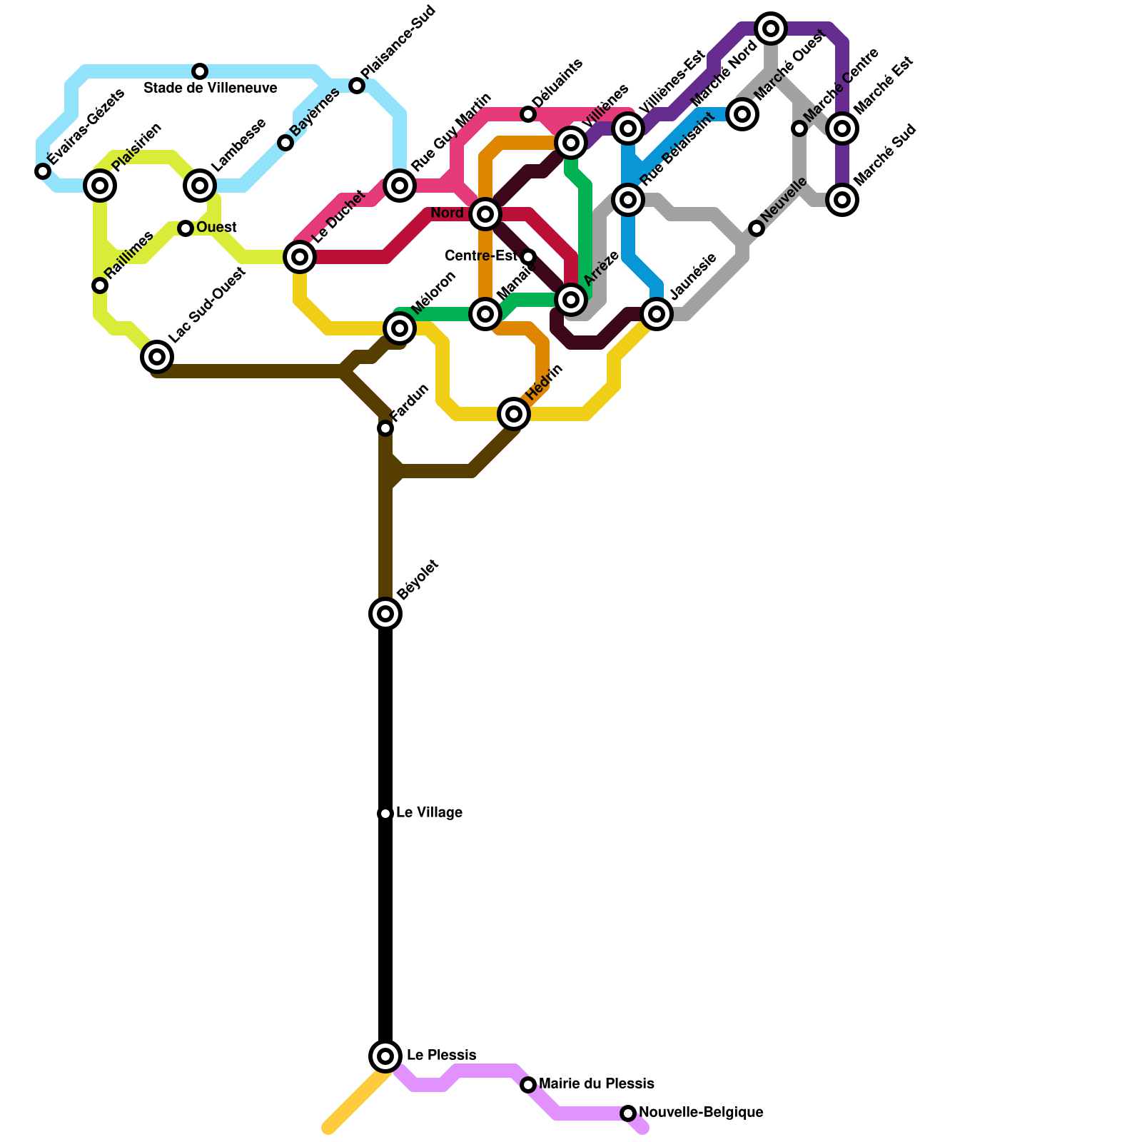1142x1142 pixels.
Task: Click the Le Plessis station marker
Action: (385, 1056)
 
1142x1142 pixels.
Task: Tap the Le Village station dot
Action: (385, 814)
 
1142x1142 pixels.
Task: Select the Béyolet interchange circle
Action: (385, 613)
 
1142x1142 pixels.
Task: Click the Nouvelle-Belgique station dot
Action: (628, 1113)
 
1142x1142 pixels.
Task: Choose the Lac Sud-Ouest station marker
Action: (157, 356)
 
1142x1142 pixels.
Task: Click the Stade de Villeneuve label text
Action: (211, 89)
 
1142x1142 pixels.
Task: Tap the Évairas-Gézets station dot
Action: (43, 171)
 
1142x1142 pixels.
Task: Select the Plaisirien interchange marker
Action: (100, 186)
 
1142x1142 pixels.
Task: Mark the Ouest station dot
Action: (186, 228)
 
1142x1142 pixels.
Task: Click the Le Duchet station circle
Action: (300, 257)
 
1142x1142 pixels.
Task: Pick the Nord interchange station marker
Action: (485, 213)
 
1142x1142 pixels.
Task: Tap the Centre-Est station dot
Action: (528, 257)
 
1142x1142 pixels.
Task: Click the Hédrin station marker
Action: (514, 414)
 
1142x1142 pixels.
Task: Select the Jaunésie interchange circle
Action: (657, 314)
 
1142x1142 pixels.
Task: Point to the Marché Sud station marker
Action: (842, 200)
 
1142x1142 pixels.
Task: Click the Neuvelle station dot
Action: (757, 228)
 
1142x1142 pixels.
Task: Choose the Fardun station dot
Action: (385, 428)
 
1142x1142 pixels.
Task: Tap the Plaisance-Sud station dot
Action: (357, 86)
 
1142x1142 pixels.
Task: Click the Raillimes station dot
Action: (100, 285)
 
